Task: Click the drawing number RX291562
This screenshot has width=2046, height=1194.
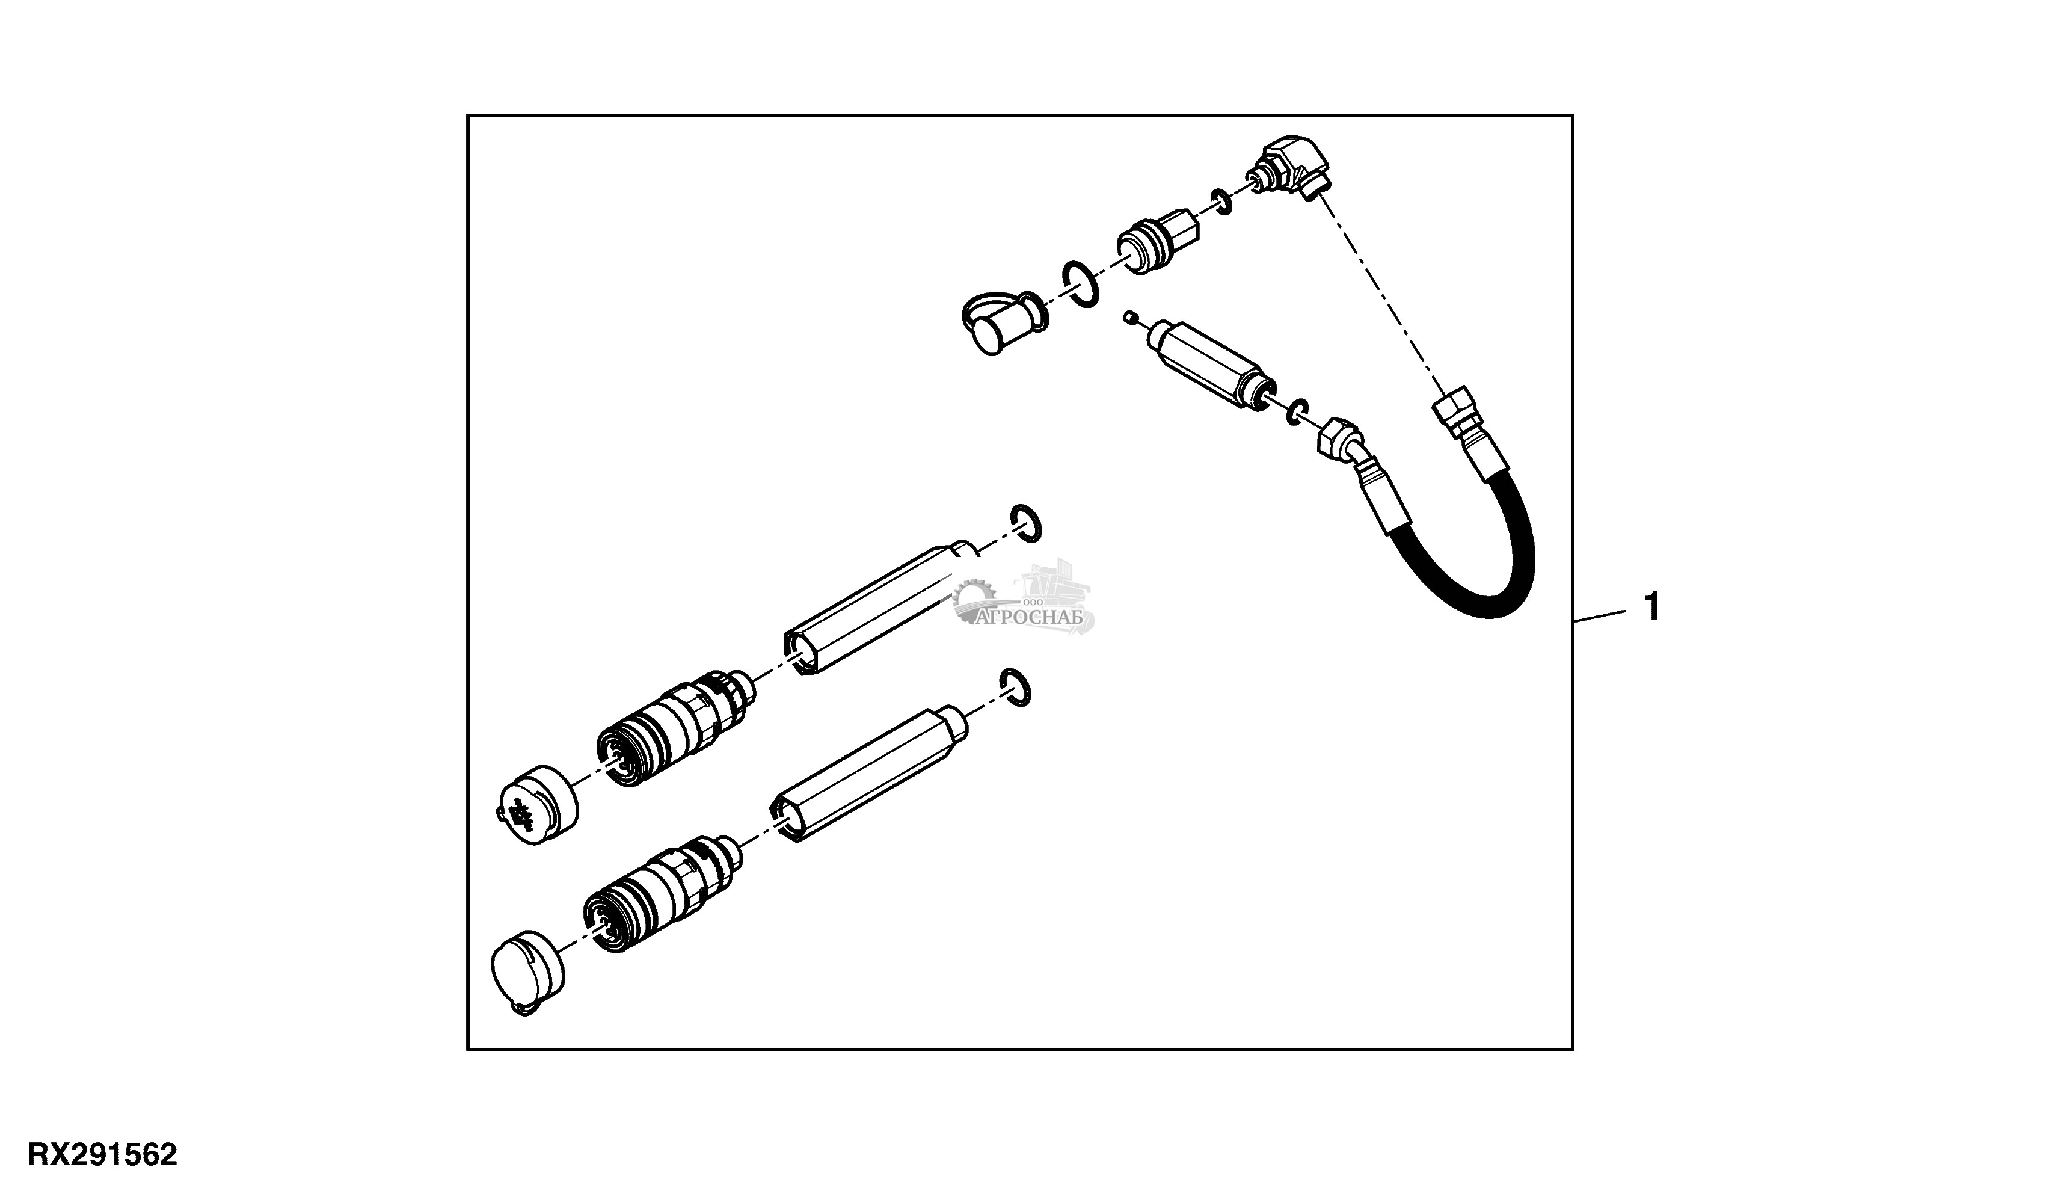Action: tap(102, 1154)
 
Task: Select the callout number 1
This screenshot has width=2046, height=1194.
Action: tap(1651, 607)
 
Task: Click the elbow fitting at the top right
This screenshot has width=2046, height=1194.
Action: tap(1290, 170)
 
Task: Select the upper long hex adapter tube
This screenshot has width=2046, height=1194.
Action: tap(882, 607)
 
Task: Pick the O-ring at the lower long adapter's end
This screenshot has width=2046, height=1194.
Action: tap(1016, 688)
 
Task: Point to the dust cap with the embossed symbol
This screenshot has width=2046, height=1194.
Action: tap(538, 805)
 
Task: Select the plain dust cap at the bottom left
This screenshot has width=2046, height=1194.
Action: tap(529, 971)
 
